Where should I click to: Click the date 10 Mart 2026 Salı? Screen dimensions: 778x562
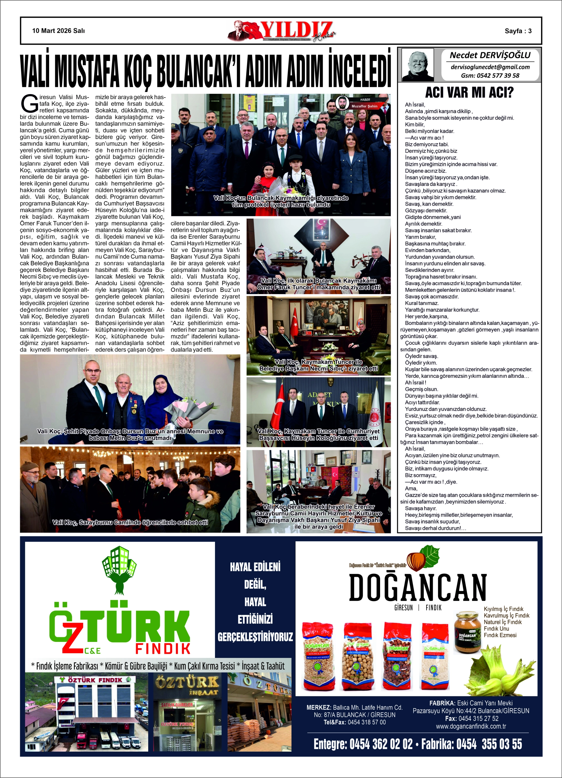58,31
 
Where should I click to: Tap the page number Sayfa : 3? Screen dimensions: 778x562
518,31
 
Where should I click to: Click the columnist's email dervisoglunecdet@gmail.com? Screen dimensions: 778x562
490,67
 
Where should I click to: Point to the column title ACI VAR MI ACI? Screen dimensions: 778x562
469,92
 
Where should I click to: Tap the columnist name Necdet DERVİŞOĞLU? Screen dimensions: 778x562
490,55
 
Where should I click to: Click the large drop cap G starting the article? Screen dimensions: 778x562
30,104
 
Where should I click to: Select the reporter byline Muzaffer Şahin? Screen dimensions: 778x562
364,106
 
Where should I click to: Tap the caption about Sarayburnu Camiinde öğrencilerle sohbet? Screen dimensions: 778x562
130,522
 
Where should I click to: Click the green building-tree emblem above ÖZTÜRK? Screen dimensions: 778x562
119,569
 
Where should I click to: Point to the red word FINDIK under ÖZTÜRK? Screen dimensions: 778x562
163,648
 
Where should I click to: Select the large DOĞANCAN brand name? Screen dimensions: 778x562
418,587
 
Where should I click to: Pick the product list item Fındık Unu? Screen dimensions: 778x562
496,628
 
